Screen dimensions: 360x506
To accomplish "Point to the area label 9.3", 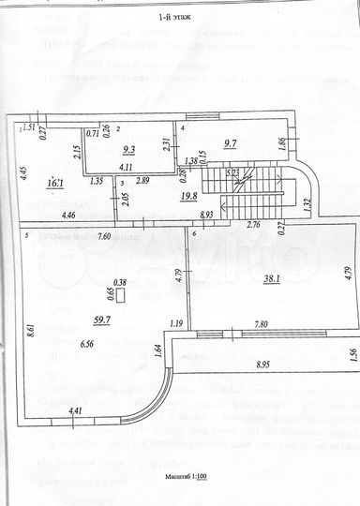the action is pyautogui.click(x=129, y=147).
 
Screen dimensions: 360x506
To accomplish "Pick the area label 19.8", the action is pyautogui.click(x=188, y=196).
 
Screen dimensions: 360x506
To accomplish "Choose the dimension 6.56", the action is pyautogui.click(x=87, y=345).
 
